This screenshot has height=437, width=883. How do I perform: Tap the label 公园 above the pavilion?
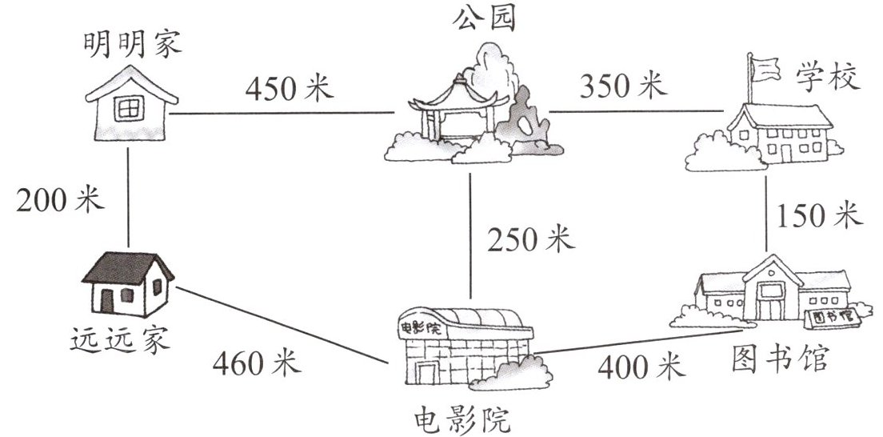(484, 18)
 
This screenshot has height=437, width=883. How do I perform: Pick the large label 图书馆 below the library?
(781, 359)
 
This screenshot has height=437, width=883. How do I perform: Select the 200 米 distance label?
(61, 198)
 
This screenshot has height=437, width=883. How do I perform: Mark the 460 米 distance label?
(257, 364)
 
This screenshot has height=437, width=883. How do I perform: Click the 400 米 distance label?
(641, 367)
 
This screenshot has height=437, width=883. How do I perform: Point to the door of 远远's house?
(107, 300)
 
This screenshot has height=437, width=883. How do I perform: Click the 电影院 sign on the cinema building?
(418, 328)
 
